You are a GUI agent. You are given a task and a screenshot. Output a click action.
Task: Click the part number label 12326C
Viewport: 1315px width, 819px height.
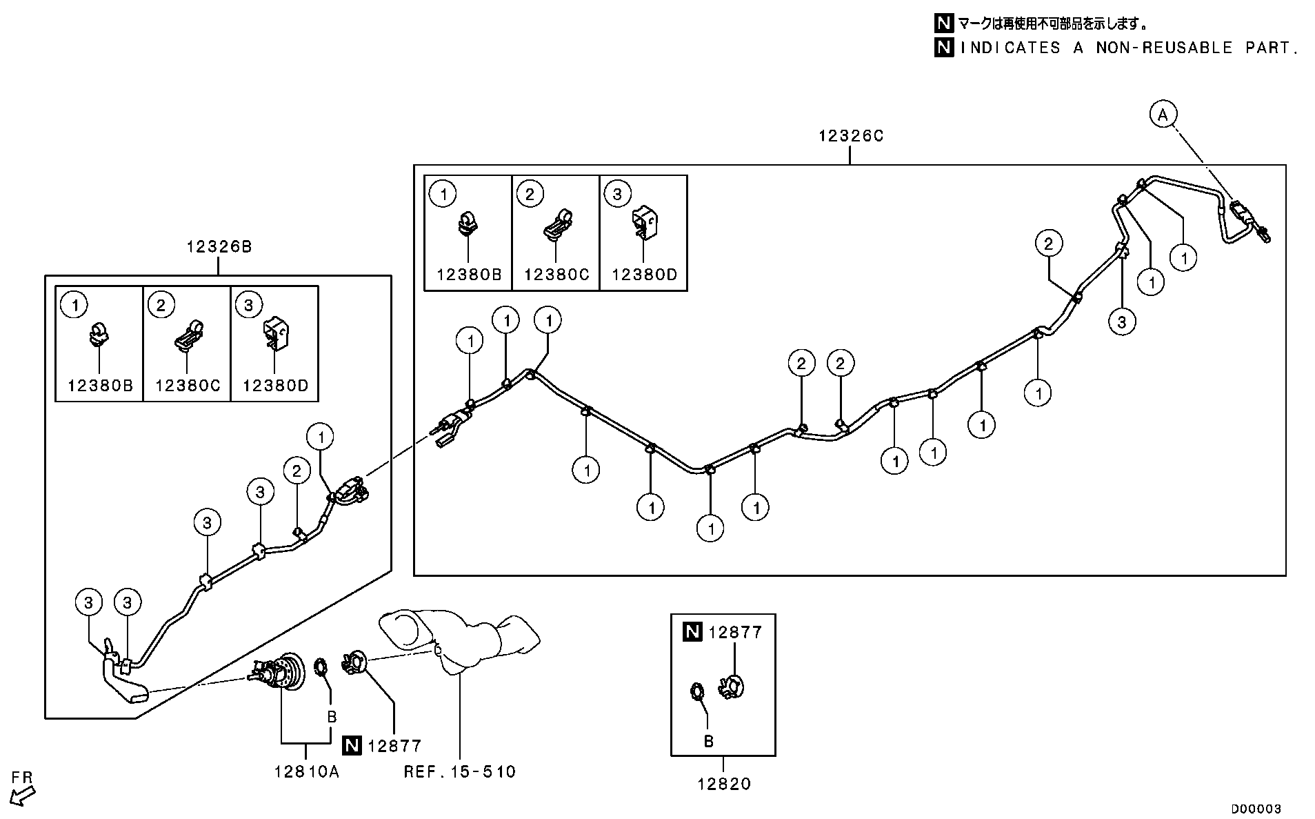pyautogui.click(x=850, y=136)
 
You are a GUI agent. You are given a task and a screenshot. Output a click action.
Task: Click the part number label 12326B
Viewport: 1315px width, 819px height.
pyautogui.click(x=219, y=246)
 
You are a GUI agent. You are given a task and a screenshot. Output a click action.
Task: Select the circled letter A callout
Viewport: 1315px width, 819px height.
pyautogui.click(x=1163, y=114)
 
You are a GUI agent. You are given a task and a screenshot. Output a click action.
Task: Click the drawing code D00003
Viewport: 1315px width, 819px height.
pyautogui.click(x=1256, y=809)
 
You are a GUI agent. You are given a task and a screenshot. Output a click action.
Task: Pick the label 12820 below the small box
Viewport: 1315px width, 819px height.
pyautogui.click(x=723, y=784)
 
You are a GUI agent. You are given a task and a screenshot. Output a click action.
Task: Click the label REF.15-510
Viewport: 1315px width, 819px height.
pyautogui.click(x=459, y=771)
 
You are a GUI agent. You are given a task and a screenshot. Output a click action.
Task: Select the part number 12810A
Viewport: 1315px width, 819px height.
pyautogui.click(x=306, y=771)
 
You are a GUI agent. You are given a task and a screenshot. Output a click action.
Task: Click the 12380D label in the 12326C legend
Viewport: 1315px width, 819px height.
pyautogui.click(x=644, y=275)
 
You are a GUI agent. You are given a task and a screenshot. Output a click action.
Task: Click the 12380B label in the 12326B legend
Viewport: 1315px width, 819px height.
pyautogui.click(x=100, y=385)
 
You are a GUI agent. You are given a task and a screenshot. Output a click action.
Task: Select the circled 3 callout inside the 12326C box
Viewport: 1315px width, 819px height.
pyautogui.click(x=1122, y=321)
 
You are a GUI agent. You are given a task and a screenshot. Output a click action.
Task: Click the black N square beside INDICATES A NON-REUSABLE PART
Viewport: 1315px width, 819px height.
pyautogui.click(x=944, y=48)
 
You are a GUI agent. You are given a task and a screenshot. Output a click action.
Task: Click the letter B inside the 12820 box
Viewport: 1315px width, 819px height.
pyautogui.click(x=708, y=741)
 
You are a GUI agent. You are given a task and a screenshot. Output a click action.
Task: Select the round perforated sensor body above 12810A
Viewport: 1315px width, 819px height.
pyautogui.click(x=286, y=673)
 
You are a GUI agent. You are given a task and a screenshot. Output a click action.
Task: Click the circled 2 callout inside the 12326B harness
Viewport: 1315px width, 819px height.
pyautogui.click(x=297, y=471)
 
